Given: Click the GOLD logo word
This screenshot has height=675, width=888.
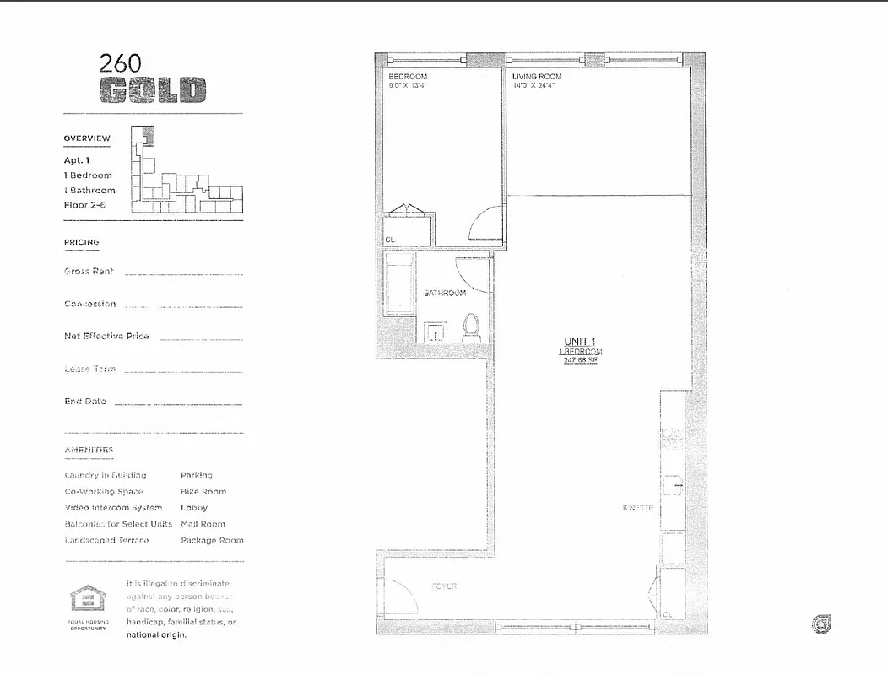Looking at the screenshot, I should pyautogui.click(x=153, y=90).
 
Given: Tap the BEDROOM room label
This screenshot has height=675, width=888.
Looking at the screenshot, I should pyautogui.click(x=408, y=77).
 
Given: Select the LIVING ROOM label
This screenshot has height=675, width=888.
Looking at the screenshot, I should pyautogui.click(x=537, y=77).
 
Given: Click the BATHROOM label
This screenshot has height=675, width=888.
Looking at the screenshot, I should pyautogui.click(x=445, y=294).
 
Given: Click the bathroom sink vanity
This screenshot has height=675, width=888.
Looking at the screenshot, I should pyautogui.click(x=436, y=331).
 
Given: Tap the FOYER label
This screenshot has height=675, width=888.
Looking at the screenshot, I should pyautogui.click(x=444, y=586).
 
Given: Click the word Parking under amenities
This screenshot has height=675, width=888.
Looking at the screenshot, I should pyautogui.click(x=197, y=475).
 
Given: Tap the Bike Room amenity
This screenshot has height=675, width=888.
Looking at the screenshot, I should pyautogui.click(x=203, y=491).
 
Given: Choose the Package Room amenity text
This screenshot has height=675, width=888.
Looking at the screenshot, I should pyautogui.click(x=212, y=540).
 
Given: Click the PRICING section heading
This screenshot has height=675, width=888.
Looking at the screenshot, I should pyautogui.click(x=81, y=242).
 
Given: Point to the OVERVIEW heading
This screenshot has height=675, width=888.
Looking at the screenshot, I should pyautogui.click(x=87, y=138).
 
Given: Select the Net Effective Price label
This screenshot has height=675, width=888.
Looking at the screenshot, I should pyautogui.click(x=106, y=336).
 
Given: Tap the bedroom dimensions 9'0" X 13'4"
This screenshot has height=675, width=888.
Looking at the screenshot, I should pyautogui.click(x=409, y=85).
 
